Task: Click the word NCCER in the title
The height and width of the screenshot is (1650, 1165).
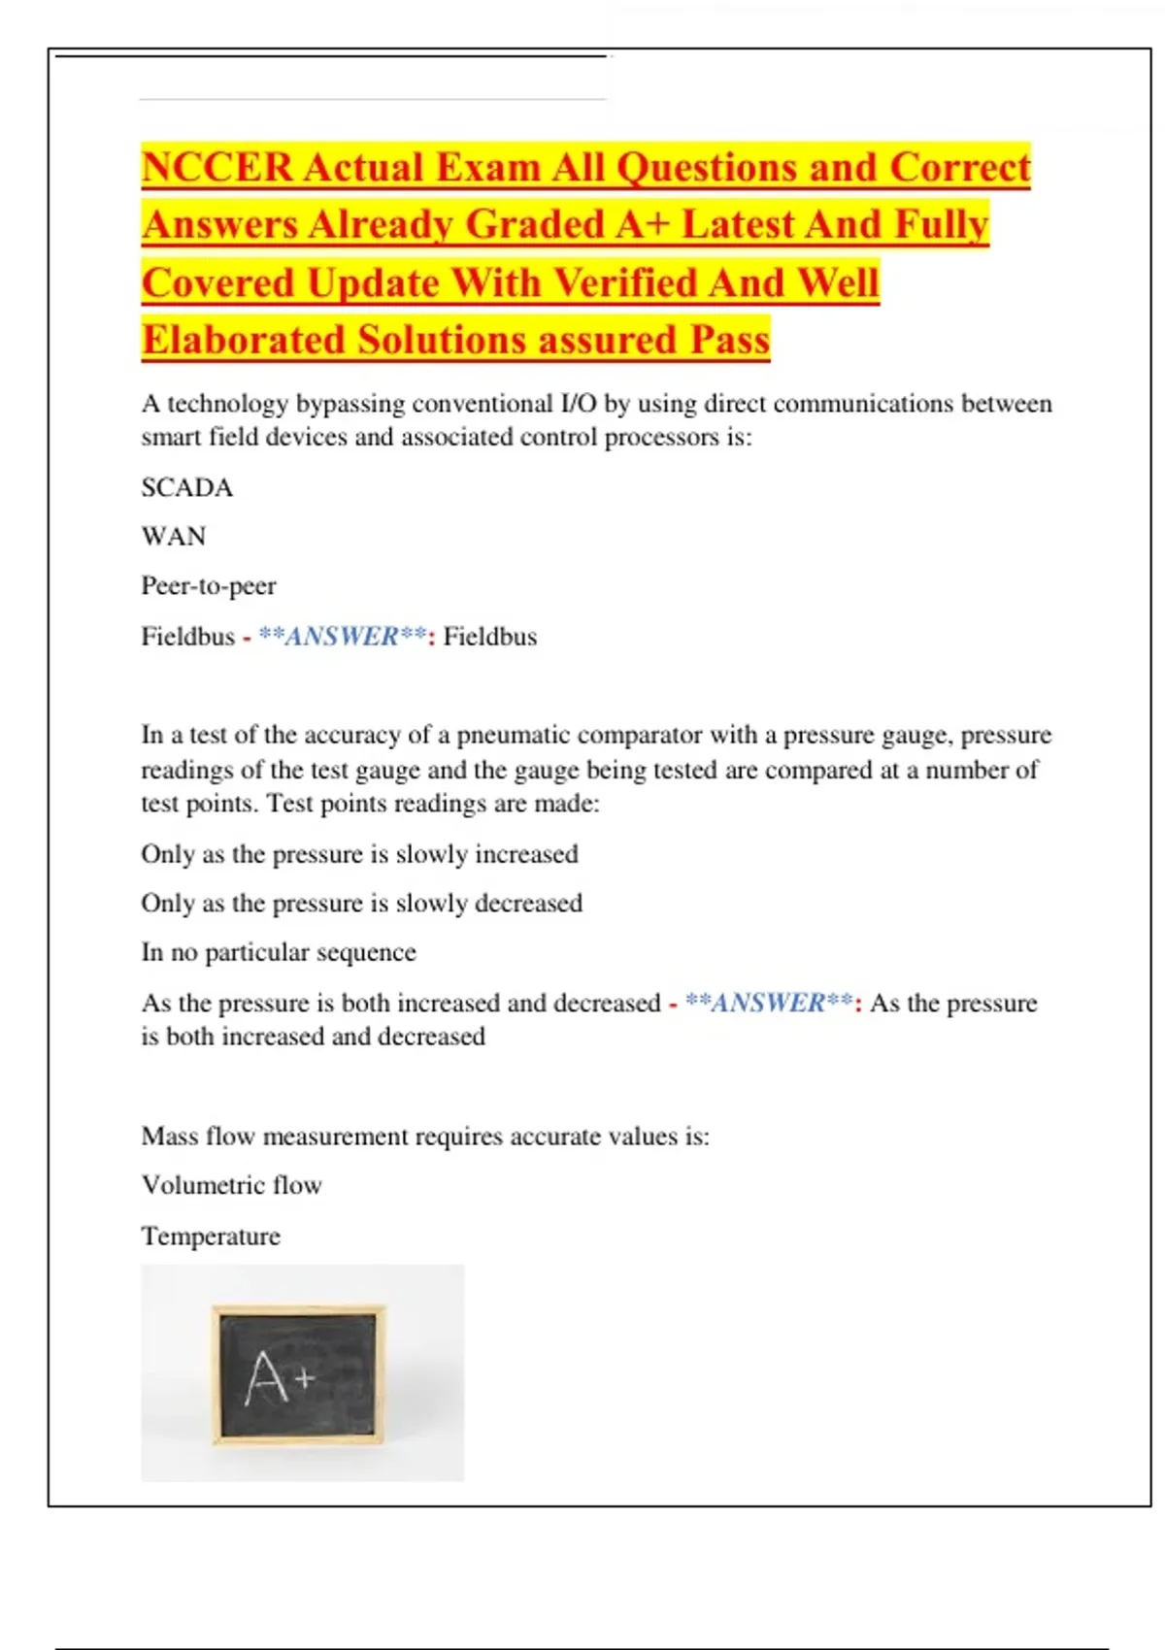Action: click(216, 167)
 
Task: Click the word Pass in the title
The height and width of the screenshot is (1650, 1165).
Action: click(729, 341)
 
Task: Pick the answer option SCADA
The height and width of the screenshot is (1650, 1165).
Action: click(186, 487)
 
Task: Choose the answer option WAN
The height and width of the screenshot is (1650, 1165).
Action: click(174, 537)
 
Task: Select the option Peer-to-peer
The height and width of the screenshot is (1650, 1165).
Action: click(209, 586)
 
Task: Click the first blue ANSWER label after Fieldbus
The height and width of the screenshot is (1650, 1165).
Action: click(342, 637)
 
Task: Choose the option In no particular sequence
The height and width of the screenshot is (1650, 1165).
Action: click(279, 952)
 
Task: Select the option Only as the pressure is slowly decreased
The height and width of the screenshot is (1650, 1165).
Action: click(361, 904)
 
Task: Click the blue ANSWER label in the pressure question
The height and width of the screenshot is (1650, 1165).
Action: click(769, 1003)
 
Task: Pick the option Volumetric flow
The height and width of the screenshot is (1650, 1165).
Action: click(231, 1185)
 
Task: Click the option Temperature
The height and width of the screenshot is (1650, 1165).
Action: click(211, 1237)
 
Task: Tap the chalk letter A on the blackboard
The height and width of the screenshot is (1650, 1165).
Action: click(267, 1378)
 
